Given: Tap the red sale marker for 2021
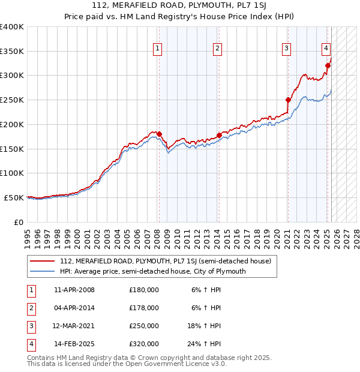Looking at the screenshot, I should pos(288,100).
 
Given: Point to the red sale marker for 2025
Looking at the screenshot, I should pos(328,66).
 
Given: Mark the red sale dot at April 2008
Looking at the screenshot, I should pos(159,134).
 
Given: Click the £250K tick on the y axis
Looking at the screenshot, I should pos(12,100).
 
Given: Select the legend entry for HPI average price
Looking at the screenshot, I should pos(152,271).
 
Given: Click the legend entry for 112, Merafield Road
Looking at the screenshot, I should pos(166,262).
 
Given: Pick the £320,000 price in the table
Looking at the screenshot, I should pos(143,344).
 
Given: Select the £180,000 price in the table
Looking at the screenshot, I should pos(143,290).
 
